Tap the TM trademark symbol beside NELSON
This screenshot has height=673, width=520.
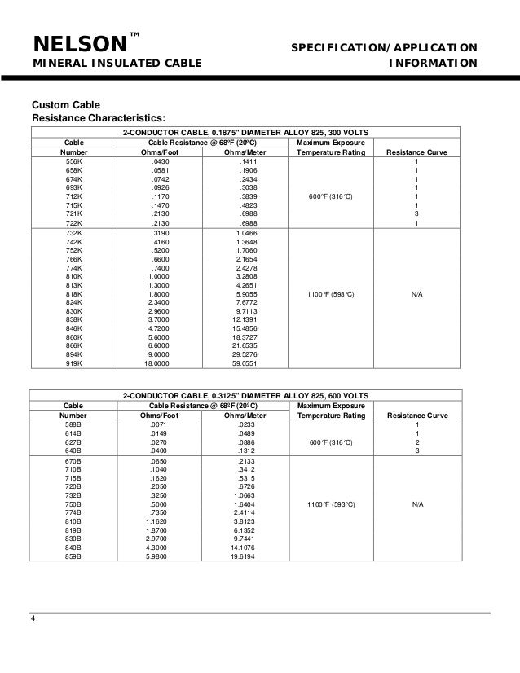[135, 34]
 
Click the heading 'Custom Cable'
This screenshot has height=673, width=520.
[66, 105]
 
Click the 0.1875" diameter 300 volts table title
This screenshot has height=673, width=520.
[245, 132]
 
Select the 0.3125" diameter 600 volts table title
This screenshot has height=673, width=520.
[245, 394]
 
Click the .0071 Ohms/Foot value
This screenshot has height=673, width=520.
[158, 424]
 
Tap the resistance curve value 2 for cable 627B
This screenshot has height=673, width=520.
[416, 443]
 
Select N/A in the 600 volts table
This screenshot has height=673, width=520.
[416, 504]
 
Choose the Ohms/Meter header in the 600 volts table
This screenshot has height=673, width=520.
[245, 414]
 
